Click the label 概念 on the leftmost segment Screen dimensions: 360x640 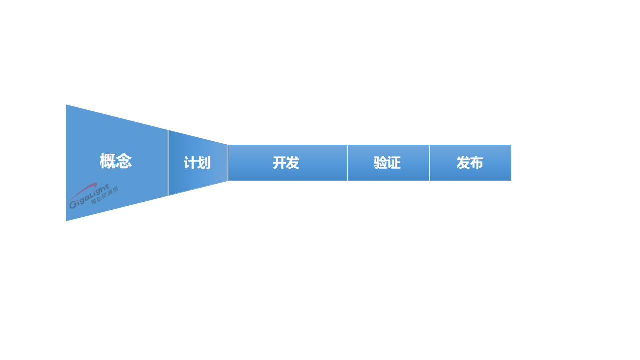pyautogui.click(x=116, y=161)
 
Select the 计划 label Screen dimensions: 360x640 pyautogui.click(x=197, y=163)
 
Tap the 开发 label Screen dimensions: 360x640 pyautogui.click(x=286, y=163)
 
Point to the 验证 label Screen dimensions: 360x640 pyautogui.click(x=387, y=163)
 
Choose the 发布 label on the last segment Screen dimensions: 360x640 pyautogui.click(x=470, y=163)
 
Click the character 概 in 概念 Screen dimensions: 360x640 pyautogui.click(x=108, y=161)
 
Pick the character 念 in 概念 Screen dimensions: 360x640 pyautogui.click(x=124, y=161)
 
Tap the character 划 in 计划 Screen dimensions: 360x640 pyautogui.click(x=204, y=163)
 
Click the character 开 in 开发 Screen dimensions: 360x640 pyautogui.click(x=279, y=163)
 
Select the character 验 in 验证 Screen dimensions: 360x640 pyautogui.click(x=380, y=163)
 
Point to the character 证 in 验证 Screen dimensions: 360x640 pyautogui.click(x=394, y=163)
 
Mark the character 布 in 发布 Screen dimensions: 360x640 pyautogui.click(x=477, y=163)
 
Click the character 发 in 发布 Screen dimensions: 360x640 pyautogui.click(x=463, y=163)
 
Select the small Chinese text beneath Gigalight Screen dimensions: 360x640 pyautogui.click(x=104, y=196)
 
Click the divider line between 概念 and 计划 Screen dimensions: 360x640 pyautogui.click(x=168, y=163)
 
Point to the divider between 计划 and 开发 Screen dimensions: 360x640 pyautogui.click(x=228, y=163)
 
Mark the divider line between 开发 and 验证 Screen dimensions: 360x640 pyautogui.click(x=347, y=163)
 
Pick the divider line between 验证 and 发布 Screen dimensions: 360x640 pyautogui.click(x=429, y=163)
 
